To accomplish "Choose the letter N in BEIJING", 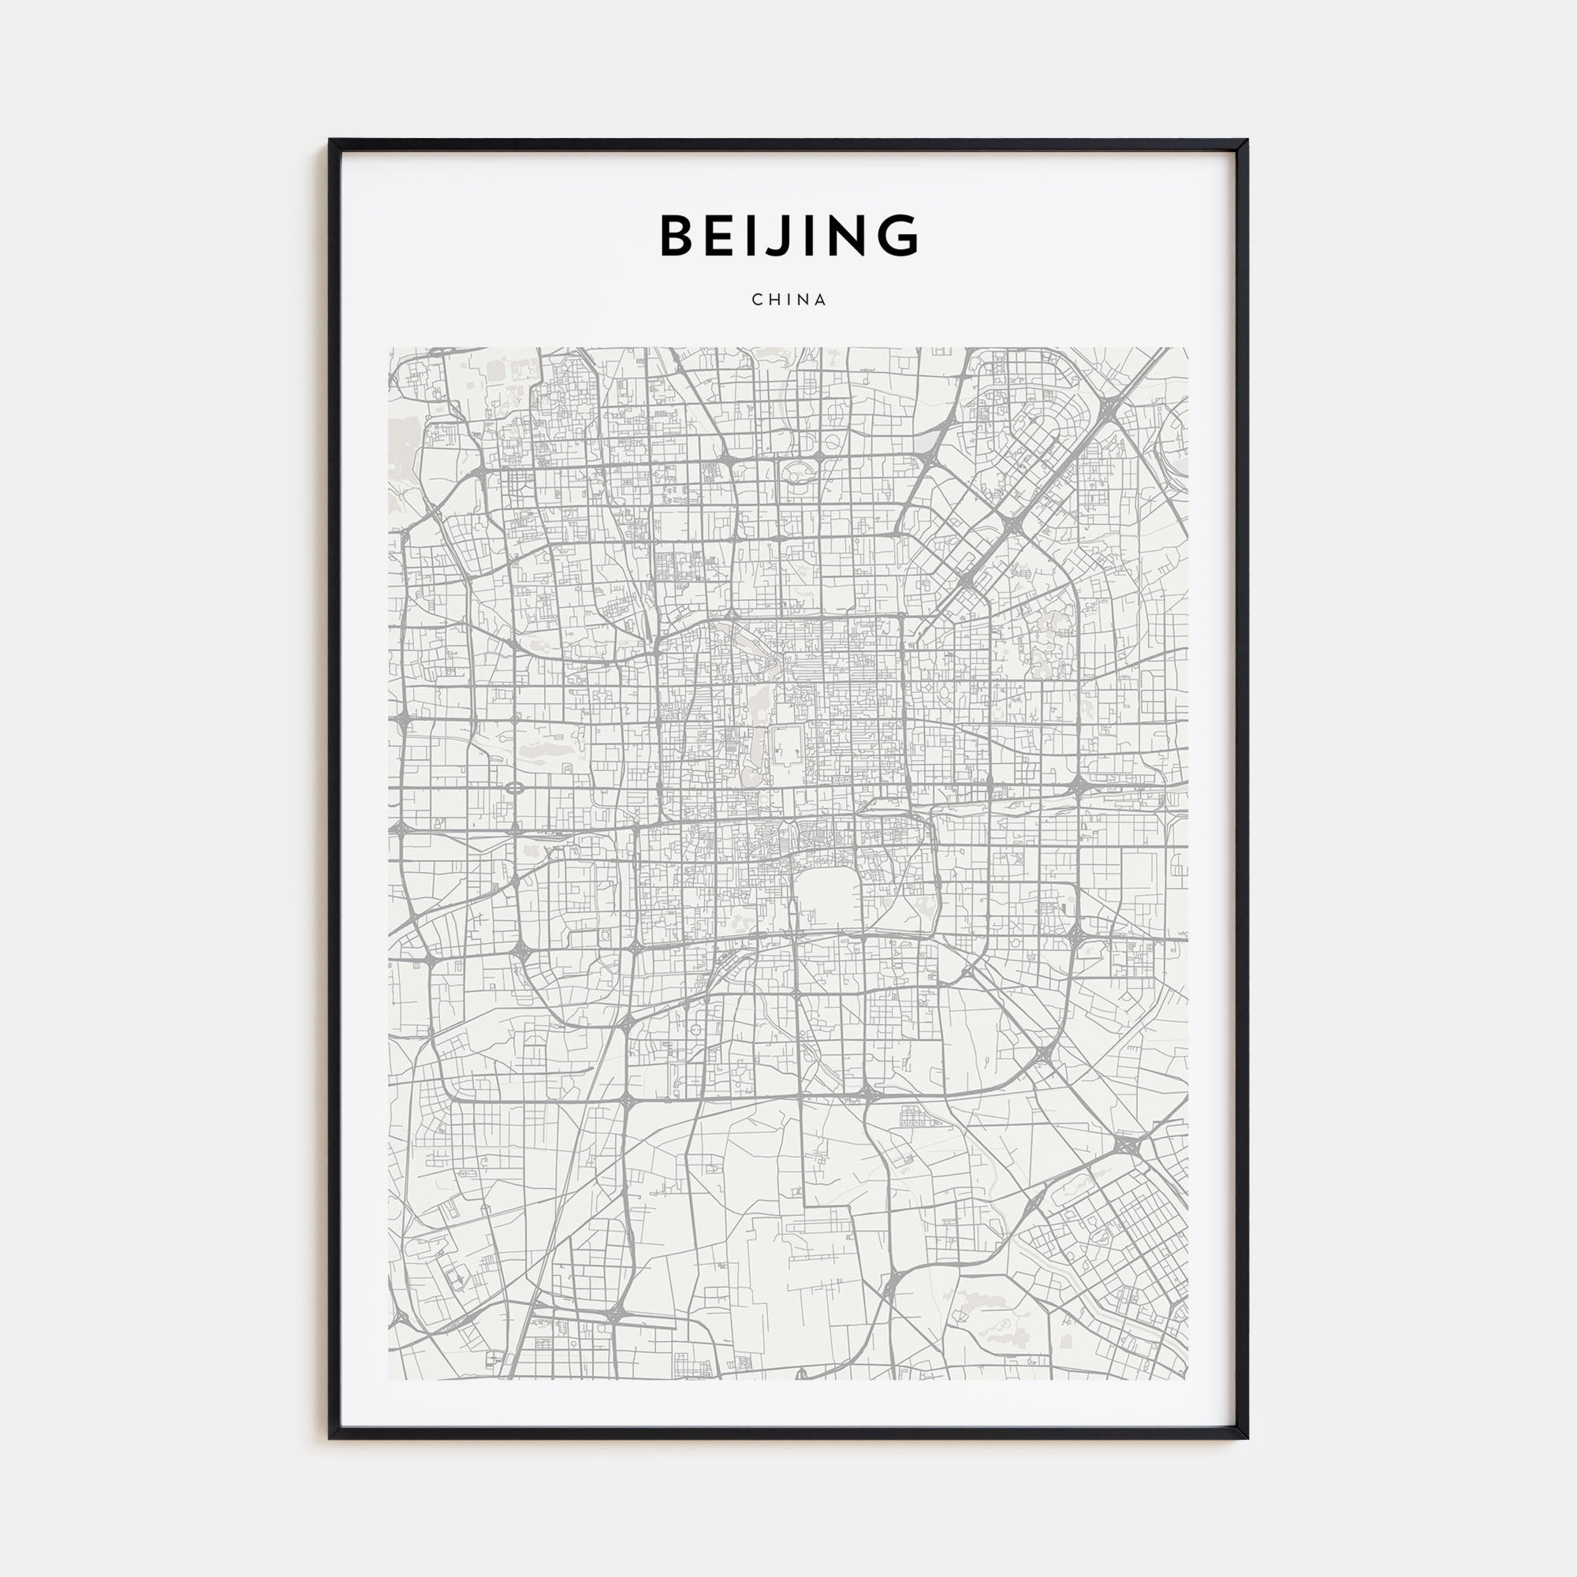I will [x=845, y=235].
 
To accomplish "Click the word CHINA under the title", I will [x=789, y=300].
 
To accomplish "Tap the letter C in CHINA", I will [x=757, y=300].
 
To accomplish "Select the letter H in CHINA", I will [x=774, y=300].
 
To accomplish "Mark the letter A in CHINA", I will [x=821, y=300].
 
